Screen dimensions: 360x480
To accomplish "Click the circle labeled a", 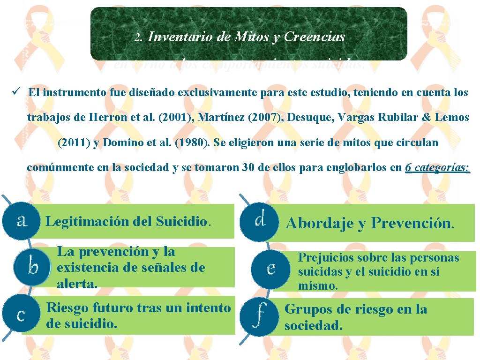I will [21, 220].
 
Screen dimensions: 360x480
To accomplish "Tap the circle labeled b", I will [32, 267].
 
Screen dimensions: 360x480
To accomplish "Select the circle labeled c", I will [21, 315].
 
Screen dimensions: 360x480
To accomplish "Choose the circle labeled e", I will [270, 268].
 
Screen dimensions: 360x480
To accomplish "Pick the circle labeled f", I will [259, 315].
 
